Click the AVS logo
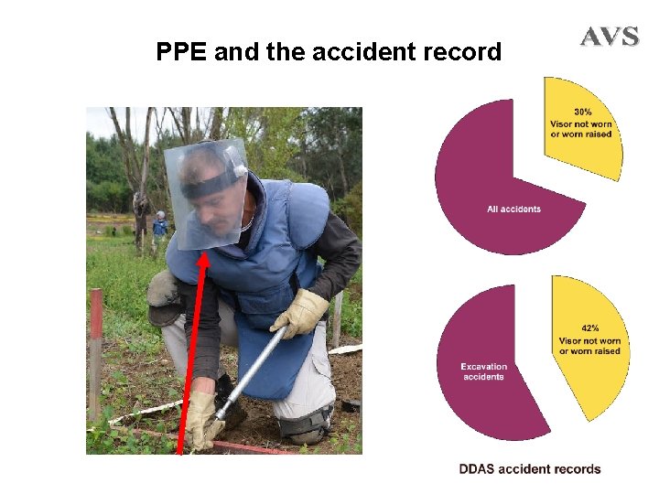tap(609, 37)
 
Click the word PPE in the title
tap(181, 52)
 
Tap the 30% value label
tap(581, 112)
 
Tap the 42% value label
tap(589, 328)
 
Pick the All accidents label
tap(513, 209)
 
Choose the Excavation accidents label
tap(483, 371)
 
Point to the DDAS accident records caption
tap(530, 469)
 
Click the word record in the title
tap(463, 52)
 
